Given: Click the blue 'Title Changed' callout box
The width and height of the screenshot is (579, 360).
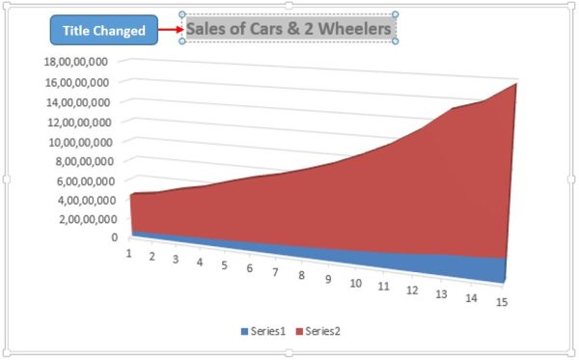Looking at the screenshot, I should [x=103, y=31].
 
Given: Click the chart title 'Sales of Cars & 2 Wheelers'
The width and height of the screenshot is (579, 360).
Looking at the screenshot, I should [x=289, y=29].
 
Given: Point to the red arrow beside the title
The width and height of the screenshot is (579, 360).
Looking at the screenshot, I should [x=170, y=30].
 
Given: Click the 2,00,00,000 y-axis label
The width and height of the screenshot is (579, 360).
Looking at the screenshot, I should [x=81, y=219].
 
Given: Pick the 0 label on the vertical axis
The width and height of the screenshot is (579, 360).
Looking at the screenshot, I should [x=115, y=237].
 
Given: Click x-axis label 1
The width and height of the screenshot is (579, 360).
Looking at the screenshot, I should [x=127, y=253].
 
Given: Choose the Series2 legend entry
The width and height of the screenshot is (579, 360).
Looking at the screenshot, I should [x=317, y=331].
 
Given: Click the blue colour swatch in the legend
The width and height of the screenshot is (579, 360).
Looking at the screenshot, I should [x=245, y=332].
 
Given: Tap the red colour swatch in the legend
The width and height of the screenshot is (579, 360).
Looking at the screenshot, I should [x=299, y=332].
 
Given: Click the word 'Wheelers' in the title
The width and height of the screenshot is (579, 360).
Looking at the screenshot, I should [x=357, y=29].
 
